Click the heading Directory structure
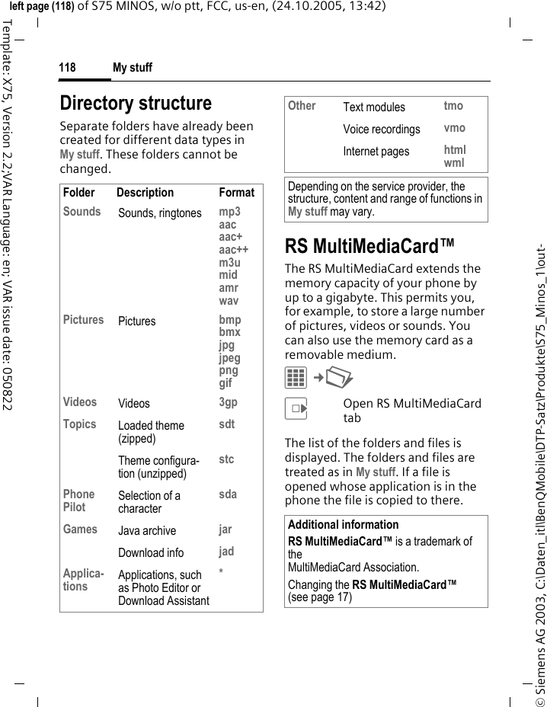(x=136, y=103)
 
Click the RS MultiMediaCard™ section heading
(x=369, y=246)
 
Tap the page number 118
(x=68, y=68)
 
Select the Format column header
(x=236, y=193)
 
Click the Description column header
(x=145, y=193)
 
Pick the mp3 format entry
(x=229, y=212)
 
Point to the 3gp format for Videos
(x=228, y=402)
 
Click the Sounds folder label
(x=82, y=212)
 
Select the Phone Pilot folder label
(x=79, y=501)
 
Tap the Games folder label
(x=80, y=529)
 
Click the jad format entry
(x=226, y=552)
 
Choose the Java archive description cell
(x=147, y=530)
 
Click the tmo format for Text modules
(x=453, y=106)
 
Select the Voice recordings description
(x=381, y=129)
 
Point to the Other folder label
(x=302, y=106)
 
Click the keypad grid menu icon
(x=296, y=377)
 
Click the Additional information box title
(x=343, y=524)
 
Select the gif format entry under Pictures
(x=226, y=383)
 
